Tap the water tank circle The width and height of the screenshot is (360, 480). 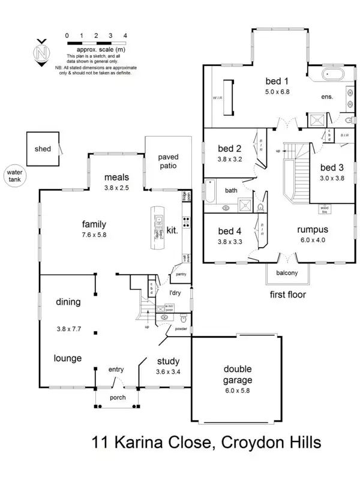(x=13, y=175)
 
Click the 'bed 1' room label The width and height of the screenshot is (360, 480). (x=277, y=82)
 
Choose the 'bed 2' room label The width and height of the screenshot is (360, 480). (x=229, y=149)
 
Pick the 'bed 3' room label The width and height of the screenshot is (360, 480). (x=332, y=168)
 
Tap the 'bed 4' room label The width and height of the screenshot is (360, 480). (x=229, y=231)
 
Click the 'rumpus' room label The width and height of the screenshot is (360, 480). (x=313, y=229)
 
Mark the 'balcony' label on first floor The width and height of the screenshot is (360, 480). (x=287, y=274)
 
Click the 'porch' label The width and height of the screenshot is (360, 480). (x=117, y=398)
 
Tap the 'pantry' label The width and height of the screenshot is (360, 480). (x=180, y=274)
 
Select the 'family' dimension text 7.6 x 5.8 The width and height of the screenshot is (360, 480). (x=94, y=235)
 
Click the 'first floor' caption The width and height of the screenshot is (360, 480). (x=289, y=295)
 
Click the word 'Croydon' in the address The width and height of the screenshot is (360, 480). (x=247, y=445)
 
